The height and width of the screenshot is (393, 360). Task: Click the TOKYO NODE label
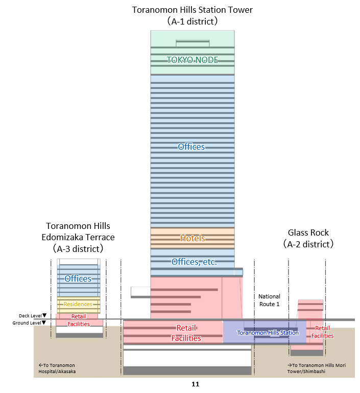tap(193, 60)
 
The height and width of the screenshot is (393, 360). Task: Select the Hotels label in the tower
tap(193, 238)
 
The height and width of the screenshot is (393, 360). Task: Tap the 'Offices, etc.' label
tap(194, 262)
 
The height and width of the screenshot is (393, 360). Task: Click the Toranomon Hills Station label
tap(268, 333)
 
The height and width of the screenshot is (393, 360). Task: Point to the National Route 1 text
tap(269, 300)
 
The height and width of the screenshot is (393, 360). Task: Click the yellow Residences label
tap(78, 304)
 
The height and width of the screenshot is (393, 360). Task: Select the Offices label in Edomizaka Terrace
tap(78, 279)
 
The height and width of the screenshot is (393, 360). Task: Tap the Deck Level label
tap(30, 316)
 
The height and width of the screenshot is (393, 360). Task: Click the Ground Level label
tap(29, 322)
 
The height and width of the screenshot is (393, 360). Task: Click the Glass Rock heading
tap(308, 233)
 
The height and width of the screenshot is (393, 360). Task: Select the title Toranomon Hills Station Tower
tap(193, 10)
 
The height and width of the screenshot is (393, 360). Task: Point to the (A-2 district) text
tap(308, 244)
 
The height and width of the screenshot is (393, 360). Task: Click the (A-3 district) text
tap(78, 249)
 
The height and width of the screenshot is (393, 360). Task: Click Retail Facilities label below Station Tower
tap(186, 333)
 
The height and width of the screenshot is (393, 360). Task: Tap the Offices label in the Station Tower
tap(191, 147)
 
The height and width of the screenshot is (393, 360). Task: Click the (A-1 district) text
tap(193, 21)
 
